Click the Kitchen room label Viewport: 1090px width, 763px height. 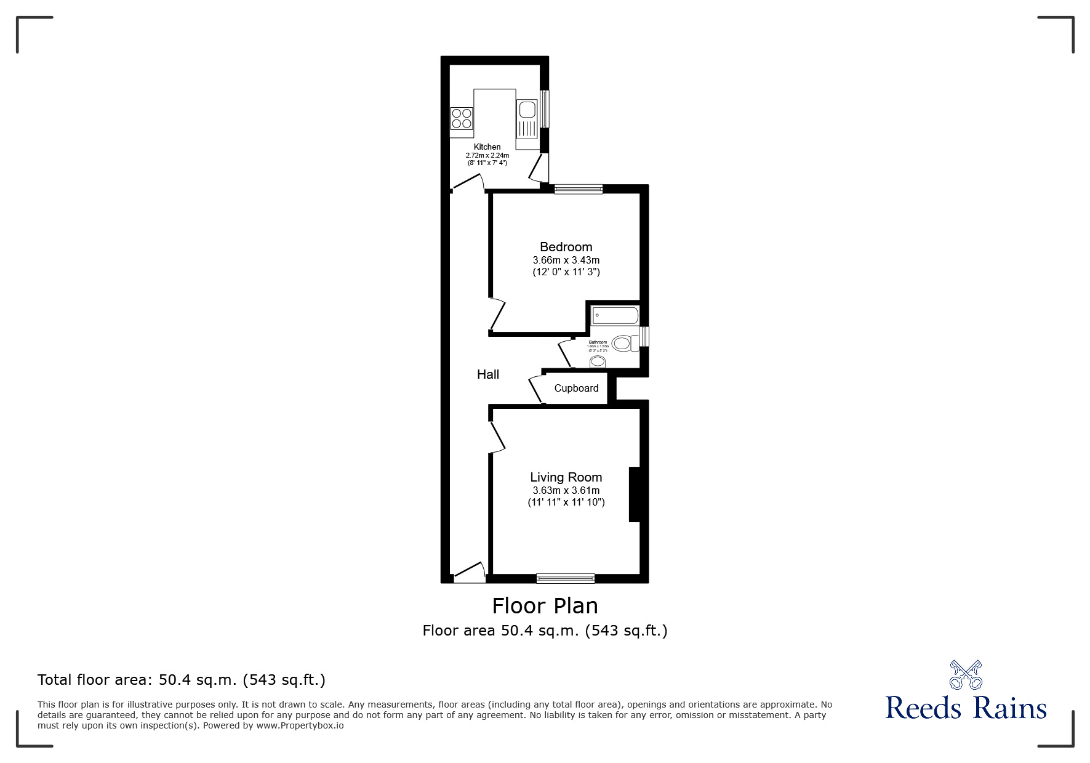click(x=487, y=147)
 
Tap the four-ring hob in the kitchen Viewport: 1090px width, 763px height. click(x=462, y=118)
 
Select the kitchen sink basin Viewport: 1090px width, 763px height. click(x=527, y=110)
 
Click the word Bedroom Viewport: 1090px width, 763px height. click(x=566, y=247)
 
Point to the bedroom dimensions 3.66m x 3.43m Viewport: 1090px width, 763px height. click(x=566, y=260)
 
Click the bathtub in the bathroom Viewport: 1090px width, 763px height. click(x=615, y=316)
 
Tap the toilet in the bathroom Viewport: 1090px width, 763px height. click(x=624, y=343)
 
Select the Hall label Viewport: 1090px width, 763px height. click(x=488, y=374)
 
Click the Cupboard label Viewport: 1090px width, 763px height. click(x=576, y=388)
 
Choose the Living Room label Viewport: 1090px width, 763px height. click(x=566, y=477)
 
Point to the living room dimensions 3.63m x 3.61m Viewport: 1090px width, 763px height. click(x=566, y=491)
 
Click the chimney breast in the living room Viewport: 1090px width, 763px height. click(x=635, y=495)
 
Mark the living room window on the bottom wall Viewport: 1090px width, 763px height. click(x=565, y=578)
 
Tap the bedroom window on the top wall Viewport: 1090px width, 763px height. click(x=578, y=189)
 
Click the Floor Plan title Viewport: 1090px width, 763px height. click(x=545, y=606)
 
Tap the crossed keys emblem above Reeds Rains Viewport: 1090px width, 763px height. click(x=966, y=674)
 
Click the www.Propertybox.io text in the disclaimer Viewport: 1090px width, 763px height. click(x=300, y=725)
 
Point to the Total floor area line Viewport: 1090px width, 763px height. click(x=182, y=680)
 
